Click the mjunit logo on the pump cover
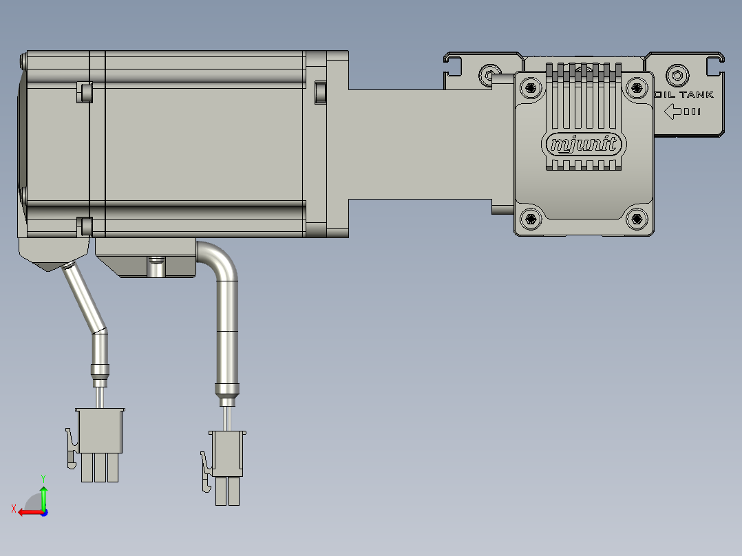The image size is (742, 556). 584,145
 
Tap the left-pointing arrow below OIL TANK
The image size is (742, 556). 673,111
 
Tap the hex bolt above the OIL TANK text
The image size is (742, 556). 678,74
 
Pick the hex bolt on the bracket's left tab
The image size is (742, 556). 490,74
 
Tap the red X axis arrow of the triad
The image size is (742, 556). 26,511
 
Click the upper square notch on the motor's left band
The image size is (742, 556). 85,92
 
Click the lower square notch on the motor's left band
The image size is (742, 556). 85,225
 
